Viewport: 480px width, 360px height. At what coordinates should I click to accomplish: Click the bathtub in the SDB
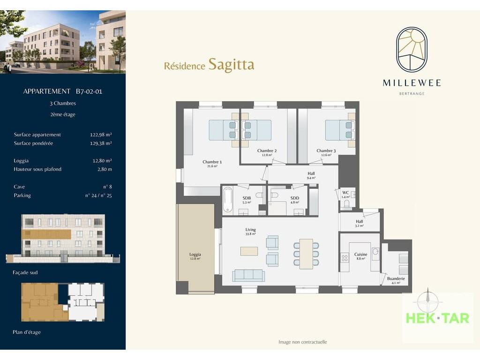point(227,200)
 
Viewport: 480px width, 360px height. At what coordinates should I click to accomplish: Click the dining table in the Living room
point(306,254)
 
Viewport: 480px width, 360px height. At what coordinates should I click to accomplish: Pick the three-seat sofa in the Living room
point(248,275)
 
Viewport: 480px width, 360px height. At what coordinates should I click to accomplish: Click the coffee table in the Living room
point(249,251)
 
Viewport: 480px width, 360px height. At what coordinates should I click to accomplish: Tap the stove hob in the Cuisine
point(345,258)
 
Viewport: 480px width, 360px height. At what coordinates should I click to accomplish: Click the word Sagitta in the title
point(232,65)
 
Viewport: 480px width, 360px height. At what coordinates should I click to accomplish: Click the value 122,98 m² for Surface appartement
point(101,135)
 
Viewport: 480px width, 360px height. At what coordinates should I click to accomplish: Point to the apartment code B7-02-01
point(89,91)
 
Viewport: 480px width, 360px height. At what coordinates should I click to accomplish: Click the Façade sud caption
point(25,272)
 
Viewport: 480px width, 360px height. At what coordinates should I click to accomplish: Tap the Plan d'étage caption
point(27,332)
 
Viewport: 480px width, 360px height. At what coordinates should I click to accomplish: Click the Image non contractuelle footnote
point(302,342)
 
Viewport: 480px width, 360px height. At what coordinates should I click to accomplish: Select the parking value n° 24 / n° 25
point(98,195)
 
